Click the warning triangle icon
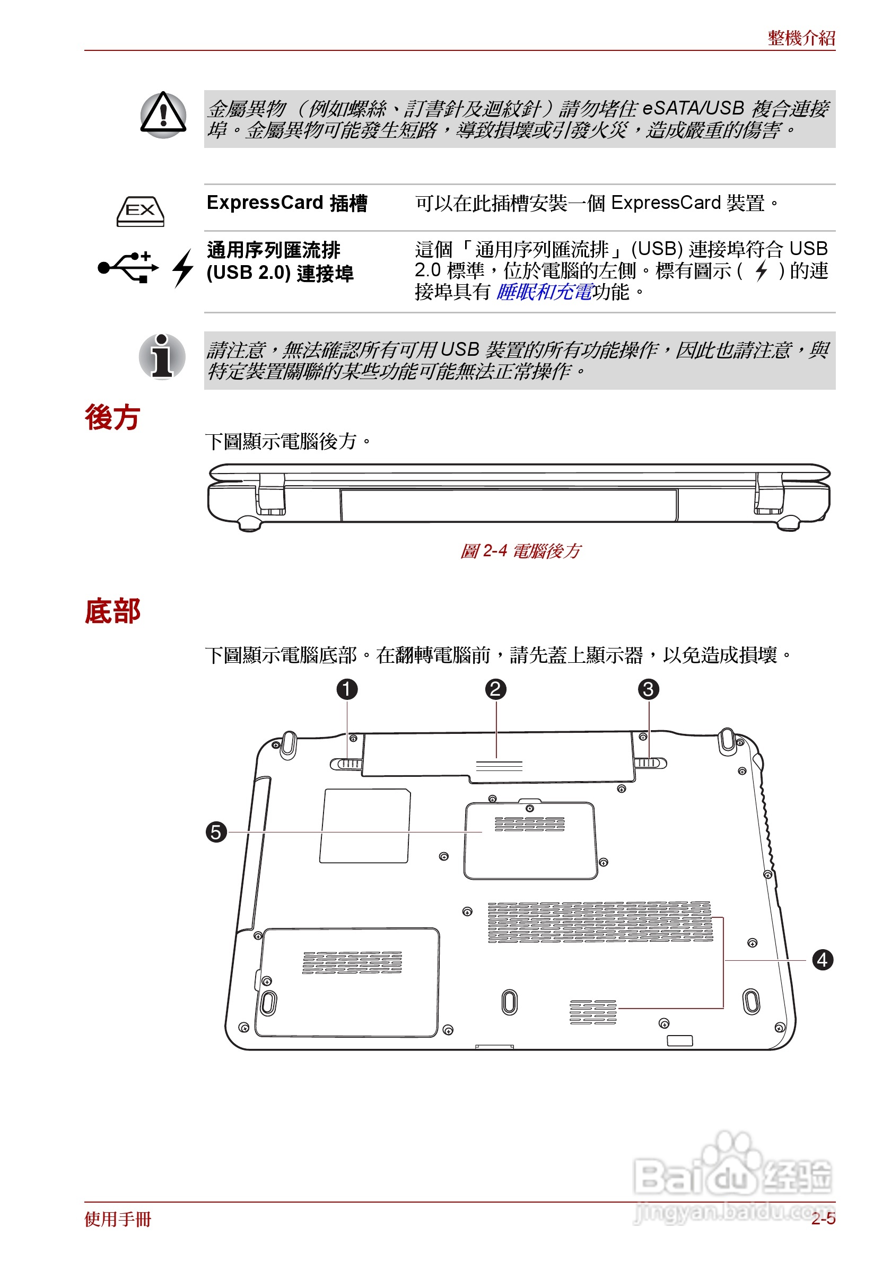click(x=163, y=115)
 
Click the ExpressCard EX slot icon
click(x=140, y=211)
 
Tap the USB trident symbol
click(x=128, y=267)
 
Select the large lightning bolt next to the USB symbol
click(x=183, y=268)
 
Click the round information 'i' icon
click(x=162, y=357)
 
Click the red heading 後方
click(x=112, y=417)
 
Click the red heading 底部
click(x=112, y=611)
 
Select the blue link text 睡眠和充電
click(x=544, y=292)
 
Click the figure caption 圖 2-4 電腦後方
click(x=519, y=551)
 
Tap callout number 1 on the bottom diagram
click(x=347, y=689)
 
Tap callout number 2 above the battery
click(x=495, y=689)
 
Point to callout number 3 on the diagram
click(x=648, y=689)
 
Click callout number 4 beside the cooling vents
click(x=822, y=960)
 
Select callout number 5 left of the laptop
click(x=216, y=832)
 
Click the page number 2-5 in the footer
click(x=823, y=1219)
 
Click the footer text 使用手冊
click(x=118, y=1219)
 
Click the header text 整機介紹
click(x=801, y=38)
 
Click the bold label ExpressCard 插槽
click(x=286, y=203)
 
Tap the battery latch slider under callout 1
click(x=346, y=764)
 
